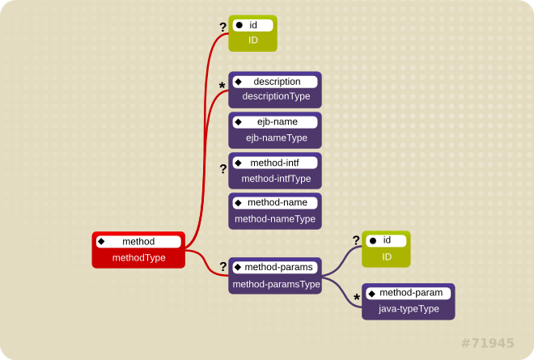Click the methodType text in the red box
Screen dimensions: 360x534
(138, 258)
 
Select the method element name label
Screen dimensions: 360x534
(138, 242)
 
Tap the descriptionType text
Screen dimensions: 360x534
(276, 96)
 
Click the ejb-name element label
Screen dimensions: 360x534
(277, 122)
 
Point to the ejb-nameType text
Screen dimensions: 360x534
(276, 138)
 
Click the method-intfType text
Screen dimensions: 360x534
(276, 178)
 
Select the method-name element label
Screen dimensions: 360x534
(277, 202)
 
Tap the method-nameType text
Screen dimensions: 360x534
(275, 218)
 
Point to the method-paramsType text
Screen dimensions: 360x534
(276, 284)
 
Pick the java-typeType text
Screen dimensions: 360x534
(409, 308)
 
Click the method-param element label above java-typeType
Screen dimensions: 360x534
(411, 292)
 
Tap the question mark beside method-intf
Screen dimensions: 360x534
(223, 170)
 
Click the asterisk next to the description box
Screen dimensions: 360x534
(222, 87)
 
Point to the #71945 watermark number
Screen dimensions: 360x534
(487, 343)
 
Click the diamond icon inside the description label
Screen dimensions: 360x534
(239, 82)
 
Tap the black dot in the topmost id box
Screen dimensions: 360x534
(239, 25)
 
